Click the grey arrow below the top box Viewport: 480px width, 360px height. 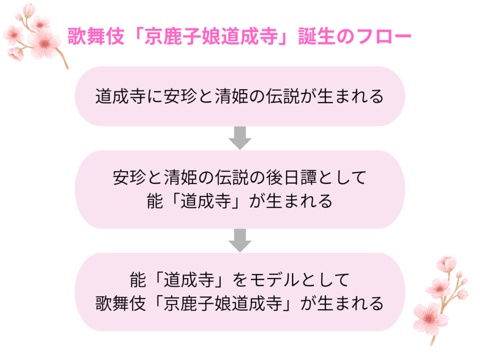pyautogui.click(x=240, y=138)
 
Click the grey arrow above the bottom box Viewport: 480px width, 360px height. pyautogui.click(x=240, y=240)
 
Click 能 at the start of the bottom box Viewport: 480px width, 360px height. pyautogui.click(x=139, y=280)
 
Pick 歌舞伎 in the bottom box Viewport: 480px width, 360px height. pyautogui.click(x=115, y=303)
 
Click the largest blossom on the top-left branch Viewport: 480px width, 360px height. pyautogui.click(x=45, y=43)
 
